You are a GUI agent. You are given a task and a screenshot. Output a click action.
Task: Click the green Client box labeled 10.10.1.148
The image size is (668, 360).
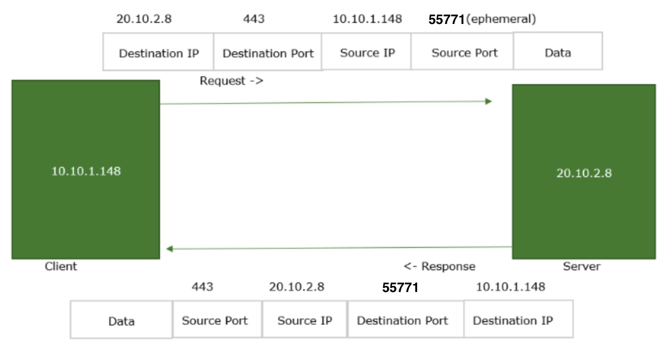[85, 169]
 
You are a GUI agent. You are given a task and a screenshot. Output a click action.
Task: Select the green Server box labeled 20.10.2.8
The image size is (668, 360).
[583, 172]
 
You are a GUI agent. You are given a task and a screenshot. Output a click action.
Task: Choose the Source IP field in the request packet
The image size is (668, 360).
[367, 53]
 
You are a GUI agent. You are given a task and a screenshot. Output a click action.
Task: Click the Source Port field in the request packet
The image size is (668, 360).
[464, 53]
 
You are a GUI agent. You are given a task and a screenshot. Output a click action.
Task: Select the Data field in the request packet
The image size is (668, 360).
[558, 53]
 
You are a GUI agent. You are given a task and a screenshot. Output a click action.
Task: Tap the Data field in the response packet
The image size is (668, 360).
[121, 321]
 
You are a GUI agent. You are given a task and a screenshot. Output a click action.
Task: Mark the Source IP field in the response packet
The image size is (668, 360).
[304, 320]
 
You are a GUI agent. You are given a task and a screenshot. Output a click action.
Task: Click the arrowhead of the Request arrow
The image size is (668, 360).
[488, 101]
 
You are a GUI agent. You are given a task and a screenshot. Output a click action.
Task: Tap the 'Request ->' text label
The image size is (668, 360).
[231, 81]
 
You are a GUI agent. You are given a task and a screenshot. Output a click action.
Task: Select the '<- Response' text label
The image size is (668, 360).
[439, 266]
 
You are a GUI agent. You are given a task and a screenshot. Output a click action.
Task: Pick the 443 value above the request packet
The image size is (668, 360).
[254, 19]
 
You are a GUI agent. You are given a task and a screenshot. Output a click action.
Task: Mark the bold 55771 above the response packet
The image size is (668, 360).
[400, 288]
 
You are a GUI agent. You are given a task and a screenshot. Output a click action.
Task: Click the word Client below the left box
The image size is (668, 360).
[61, 266]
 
